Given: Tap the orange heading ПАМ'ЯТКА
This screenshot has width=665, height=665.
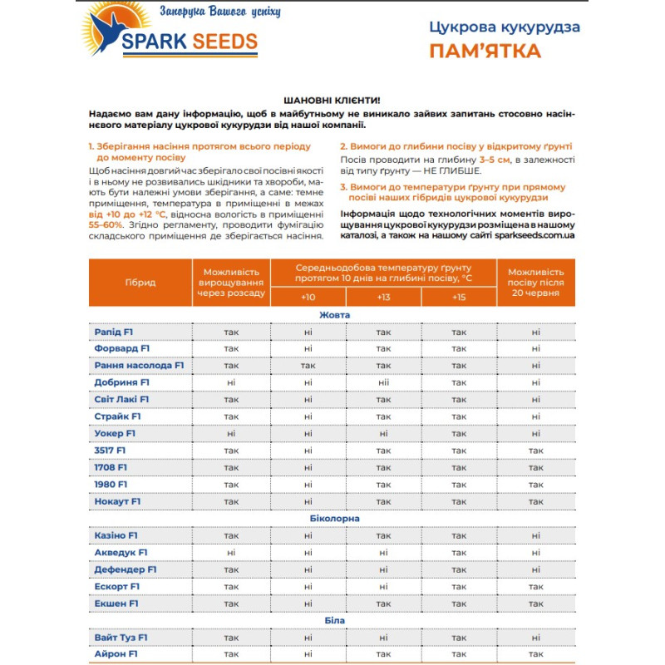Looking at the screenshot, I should (x=485, y=52).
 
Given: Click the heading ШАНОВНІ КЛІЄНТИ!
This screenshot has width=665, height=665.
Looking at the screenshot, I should (x=332, y=99).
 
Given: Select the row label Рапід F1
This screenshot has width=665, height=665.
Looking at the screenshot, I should (x=114, y=332).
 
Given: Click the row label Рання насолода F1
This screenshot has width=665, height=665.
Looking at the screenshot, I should (x=139, y=365).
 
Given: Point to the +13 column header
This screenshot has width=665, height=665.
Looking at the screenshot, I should (x=383, y=297).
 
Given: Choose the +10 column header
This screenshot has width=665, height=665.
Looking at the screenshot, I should (x=308, y=297).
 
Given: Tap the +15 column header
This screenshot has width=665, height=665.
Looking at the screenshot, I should (x=459, y=297).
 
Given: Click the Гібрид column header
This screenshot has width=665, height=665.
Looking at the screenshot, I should (x=140, y=283).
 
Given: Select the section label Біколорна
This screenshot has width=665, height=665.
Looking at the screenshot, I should (x=334, y=518).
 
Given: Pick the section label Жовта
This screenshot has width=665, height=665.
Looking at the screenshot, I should (x=334, y=315).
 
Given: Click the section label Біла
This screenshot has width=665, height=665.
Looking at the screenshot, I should (x=334, y=620).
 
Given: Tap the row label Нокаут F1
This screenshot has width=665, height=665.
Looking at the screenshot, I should (x=118, y=501).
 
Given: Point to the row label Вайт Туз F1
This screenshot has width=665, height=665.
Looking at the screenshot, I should (x=121, y=638).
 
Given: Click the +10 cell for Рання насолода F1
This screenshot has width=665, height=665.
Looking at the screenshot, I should (x=308, y=365).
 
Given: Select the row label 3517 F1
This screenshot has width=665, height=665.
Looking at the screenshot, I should (x=111, y=450).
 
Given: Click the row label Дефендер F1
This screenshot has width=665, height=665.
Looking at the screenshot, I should (x=126, y=569).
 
